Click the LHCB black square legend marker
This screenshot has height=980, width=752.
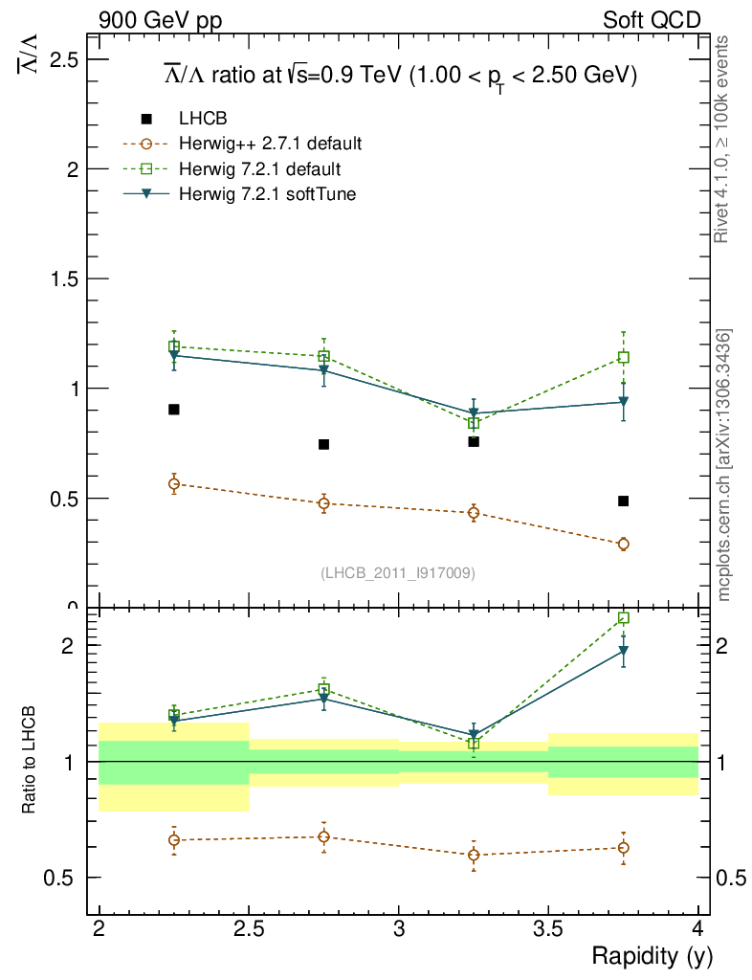click(x=146, y=119)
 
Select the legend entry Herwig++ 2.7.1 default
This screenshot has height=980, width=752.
click(x=270, y=145)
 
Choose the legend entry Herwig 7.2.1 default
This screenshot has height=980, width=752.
click(x=259, y=169)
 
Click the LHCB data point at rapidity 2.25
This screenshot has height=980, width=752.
click(x=174, y=410)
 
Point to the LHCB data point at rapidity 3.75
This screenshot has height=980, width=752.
click(x=623, y=501)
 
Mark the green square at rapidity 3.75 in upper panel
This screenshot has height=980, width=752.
click(x=623, y=358)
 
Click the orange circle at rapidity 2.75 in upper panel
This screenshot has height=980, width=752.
click(x=323, y=503)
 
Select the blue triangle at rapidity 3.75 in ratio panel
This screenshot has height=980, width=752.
click(x=623, y=652)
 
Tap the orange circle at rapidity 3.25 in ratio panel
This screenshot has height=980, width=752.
click(x=474, y=855)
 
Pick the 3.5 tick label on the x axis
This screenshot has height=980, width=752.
click(x=548, y=928)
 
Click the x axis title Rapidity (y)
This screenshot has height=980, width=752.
click(x=652, y=956)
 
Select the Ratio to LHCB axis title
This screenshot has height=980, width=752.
click(x=30, y=761)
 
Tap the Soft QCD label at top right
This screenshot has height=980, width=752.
click(x=652, y=20)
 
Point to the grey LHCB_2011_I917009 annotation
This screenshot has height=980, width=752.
click(x=398, y=573)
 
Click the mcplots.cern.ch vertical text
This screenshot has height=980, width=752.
click(x=725, y=464)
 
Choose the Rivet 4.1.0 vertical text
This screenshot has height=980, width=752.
click(x=725, y=140)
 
